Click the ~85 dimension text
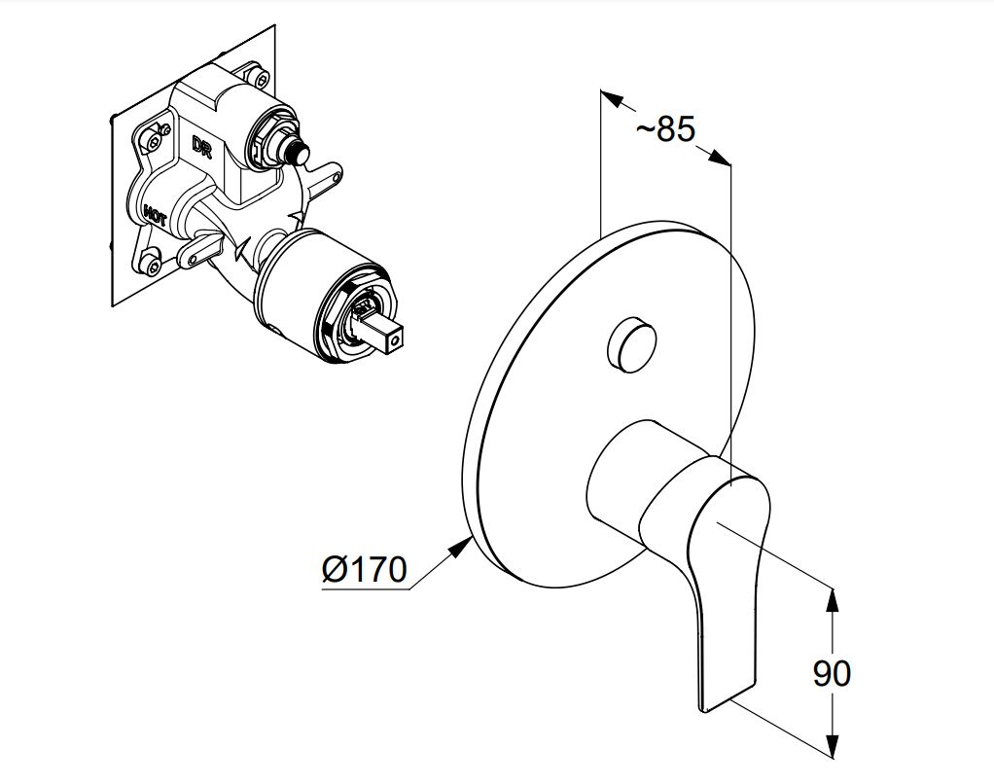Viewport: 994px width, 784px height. pyautogui.click(x=665, y=129)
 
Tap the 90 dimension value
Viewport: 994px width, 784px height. pyautogui.click(x=832, y=673)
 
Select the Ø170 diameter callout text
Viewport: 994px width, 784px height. pyautogui.click(x=364, y=569)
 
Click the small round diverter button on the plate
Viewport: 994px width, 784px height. pyautogui.click(x=631, y=345)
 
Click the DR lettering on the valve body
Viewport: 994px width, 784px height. pyautogui.click(x=201, y=146)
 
